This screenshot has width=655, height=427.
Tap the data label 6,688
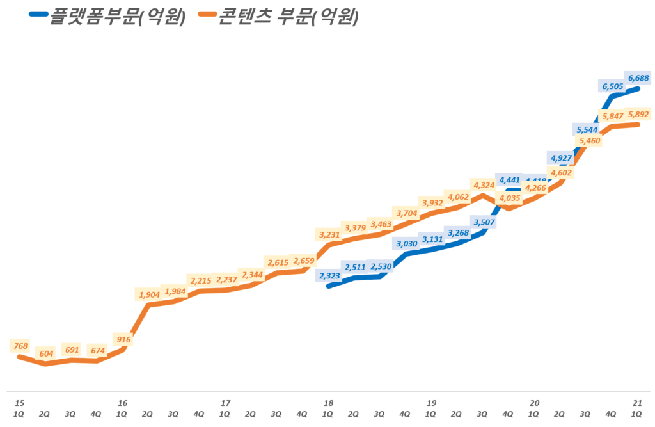[638, 77]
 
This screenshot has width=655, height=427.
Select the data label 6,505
[613, 85]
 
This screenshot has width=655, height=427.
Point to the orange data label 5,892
[638, 115]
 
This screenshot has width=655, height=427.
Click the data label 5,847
[613, 117]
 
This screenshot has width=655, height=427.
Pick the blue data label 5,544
[587, 129]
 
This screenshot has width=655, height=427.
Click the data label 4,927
[560, 157]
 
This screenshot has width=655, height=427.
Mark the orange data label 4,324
[483, 186]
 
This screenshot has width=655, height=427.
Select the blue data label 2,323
[329, 276]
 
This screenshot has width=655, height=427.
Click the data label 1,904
[148, 294]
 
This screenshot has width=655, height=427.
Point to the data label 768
[20, 346]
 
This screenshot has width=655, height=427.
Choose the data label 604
[45, 353]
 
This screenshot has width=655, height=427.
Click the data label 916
[122, 339]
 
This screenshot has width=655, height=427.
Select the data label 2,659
[303, 261]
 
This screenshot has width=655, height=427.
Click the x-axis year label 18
[328, 403]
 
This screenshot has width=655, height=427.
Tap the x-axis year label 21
[637, 403]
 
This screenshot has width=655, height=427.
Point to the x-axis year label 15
[20, 403]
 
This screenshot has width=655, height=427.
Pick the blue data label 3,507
[483, 222]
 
